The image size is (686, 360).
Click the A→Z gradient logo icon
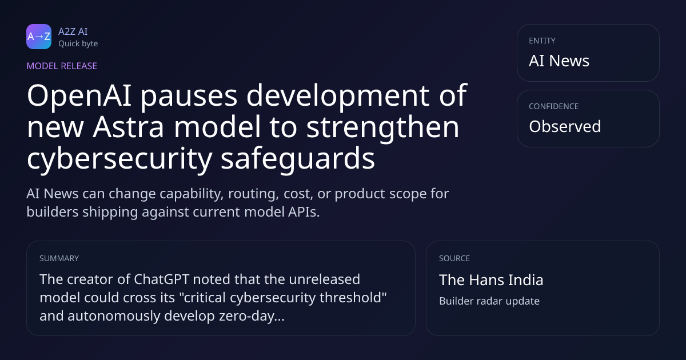click(39, 37)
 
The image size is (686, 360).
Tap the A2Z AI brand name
click(73, 31)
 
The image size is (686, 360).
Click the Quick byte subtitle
click(78, 44)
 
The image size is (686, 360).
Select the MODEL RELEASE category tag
click(62, 66)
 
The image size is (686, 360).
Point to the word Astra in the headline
click(128, 127)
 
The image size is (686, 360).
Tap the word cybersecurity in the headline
click(119, 159)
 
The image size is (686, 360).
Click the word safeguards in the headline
click(298, 159)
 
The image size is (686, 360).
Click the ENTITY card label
click(542, 41)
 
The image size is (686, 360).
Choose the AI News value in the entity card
click(559, 61)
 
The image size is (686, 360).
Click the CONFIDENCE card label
click(554, 106)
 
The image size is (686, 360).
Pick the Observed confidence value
click(565, 126)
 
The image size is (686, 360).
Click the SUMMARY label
click(59, 258)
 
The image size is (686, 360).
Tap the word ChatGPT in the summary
click(161, 279)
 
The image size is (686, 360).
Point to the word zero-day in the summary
click(252, 316)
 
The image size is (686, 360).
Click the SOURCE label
click(454, 258)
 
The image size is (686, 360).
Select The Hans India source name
click(491, 280)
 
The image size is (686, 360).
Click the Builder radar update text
click(489, 301)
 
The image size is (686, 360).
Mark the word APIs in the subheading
click(304, 212)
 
